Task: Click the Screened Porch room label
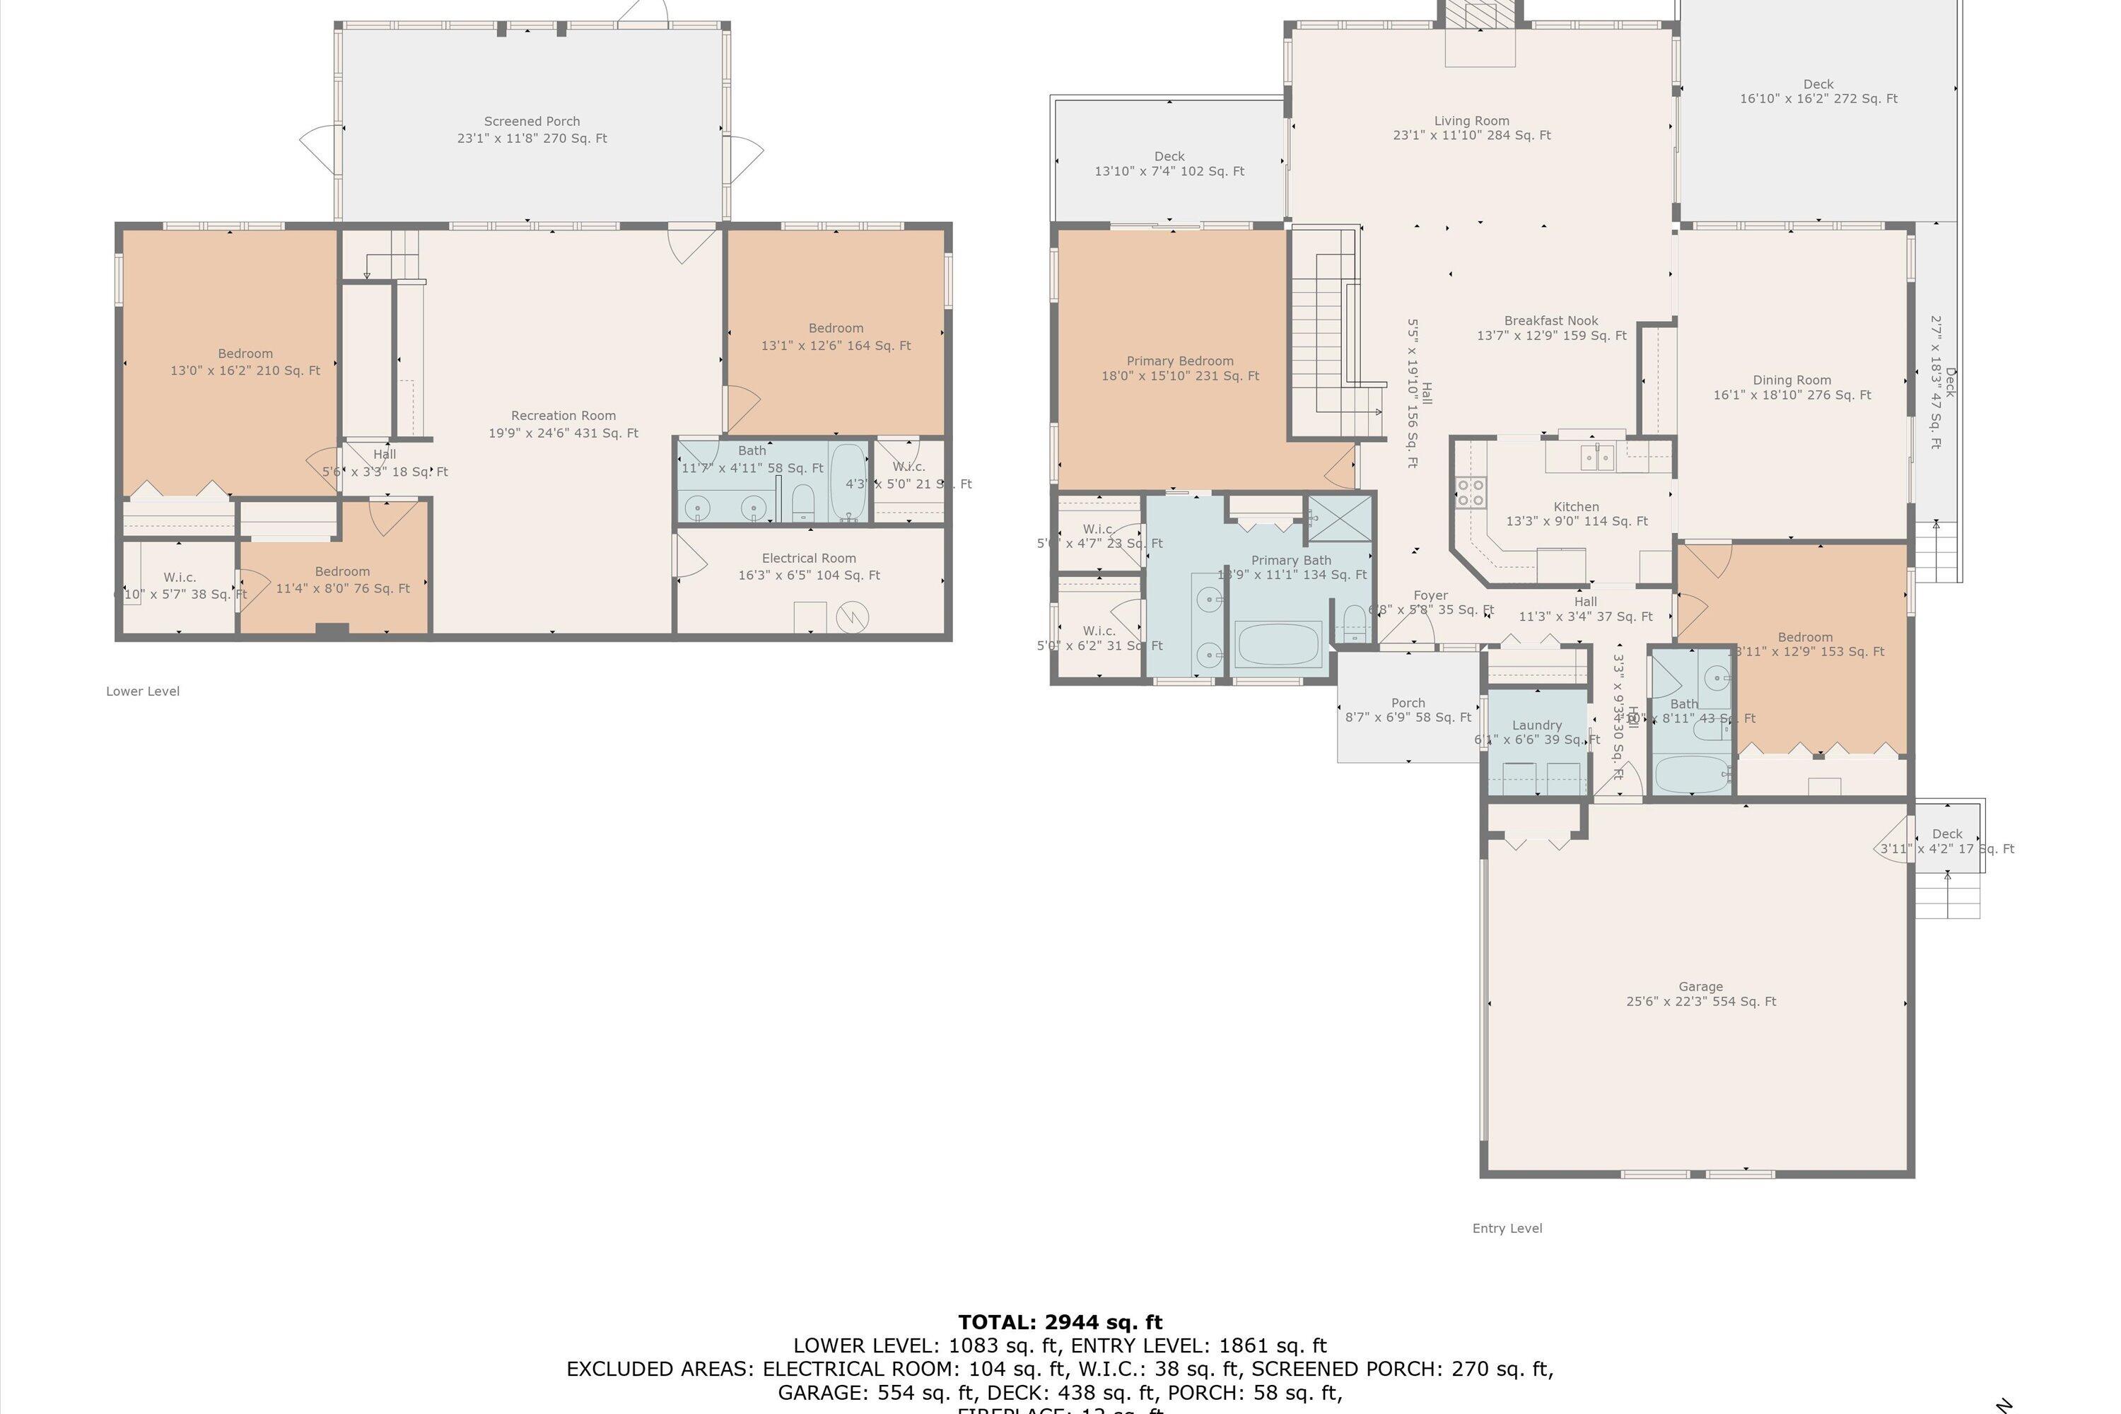[532, 121]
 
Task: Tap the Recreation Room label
[563, 416]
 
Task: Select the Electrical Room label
[809, 559]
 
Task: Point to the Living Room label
[1472, 121]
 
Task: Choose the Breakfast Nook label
[1551, 321]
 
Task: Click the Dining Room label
[1792, 380]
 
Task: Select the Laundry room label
[1536, 725]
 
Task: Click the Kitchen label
[1577, 507]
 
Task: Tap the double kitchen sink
[1598, 458]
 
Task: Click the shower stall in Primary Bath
[1340, 518]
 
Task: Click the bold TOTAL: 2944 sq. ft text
[1060, 1323]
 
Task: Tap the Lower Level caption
[143, 691]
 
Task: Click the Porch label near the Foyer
[1408, 703]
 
